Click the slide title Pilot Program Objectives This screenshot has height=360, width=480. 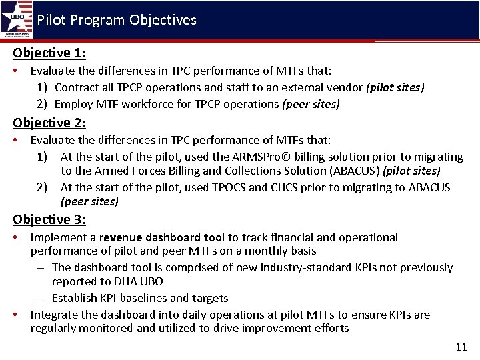tap(117, 20)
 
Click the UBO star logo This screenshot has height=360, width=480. tap(17, 18)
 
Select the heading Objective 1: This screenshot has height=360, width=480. tap(49, 53)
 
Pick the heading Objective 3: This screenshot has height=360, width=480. tap(49, 219)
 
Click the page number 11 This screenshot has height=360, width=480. tap(461, 347)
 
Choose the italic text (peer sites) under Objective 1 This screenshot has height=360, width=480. tap(311, 104)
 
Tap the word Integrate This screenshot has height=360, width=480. tap(54, 315)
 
